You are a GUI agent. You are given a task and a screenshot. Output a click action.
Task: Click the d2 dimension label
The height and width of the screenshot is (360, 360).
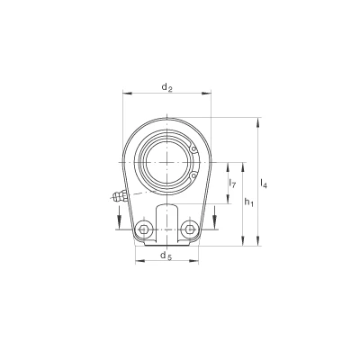(166, 87)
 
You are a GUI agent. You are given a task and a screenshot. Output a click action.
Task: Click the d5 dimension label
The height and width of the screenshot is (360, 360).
(166, 256)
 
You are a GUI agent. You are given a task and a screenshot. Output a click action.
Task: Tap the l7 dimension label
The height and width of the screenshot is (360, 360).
(232, 183)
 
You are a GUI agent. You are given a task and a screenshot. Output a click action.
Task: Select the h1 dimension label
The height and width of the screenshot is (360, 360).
(248, 202)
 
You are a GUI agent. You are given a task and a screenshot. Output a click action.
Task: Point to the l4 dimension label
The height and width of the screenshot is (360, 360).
(264, 183)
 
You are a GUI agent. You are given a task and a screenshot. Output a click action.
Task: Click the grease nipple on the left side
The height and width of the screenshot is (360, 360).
(120, 196)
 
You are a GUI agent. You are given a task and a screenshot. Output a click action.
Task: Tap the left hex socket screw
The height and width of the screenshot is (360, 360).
(143, 229)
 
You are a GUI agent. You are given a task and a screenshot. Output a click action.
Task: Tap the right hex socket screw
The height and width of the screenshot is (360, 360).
(190, 229)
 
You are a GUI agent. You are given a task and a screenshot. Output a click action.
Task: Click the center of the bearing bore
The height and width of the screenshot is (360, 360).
(166, 162)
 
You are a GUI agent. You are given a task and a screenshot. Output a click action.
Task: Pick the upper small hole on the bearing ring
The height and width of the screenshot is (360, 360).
(194, 149)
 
